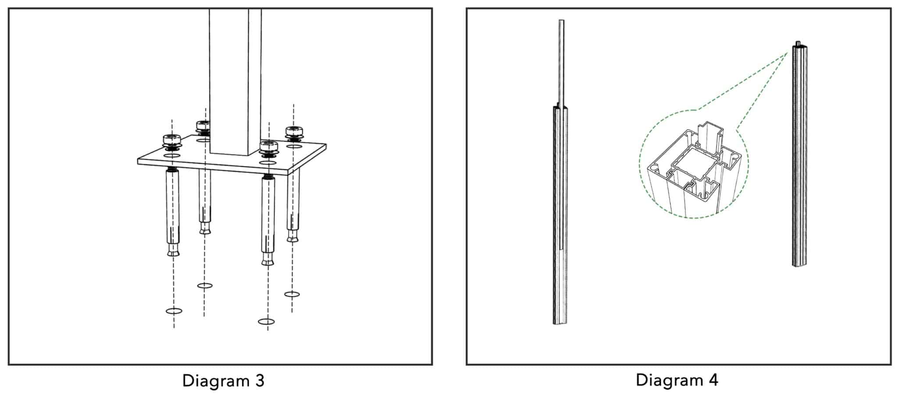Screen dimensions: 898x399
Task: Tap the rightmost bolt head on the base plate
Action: pyautogui.click(x=293, y=131)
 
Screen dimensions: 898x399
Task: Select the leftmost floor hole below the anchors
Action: pyautogui.click(x=174, y=311)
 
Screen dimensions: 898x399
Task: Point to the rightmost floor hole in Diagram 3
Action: pyautogui.click(x=292, y=294)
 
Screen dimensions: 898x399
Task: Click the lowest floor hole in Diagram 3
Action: pyautogui.click(x=267, y=322)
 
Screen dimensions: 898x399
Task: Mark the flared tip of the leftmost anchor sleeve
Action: pyautogui.click(x=173, y=251)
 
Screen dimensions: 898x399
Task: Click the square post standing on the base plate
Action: pyautogui.click(x=235, y=81)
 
